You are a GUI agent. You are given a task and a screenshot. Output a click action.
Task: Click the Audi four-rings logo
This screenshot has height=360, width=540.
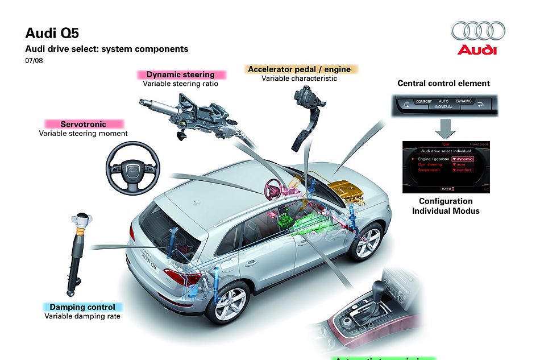[x=477, y=31]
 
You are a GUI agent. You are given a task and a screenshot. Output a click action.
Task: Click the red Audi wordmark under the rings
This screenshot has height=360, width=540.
[x=477, y=50]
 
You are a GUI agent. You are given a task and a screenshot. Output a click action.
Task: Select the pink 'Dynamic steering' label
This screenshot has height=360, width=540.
[x=181, y=75]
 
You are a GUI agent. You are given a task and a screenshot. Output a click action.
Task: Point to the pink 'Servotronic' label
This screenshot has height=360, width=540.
[x=84, y=124]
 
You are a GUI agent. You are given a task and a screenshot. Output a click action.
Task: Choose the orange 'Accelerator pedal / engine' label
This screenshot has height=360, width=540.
[x=299, y=69]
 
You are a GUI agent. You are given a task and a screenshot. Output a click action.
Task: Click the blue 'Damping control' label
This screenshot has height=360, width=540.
[x=82, y=307]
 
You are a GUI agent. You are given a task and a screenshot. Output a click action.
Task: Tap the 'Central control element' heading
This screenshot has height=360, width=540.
[x=443, y=83]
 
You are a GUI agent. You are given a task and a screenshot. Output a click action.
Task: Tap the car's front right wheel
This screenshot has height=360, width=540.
[x=365, y=241]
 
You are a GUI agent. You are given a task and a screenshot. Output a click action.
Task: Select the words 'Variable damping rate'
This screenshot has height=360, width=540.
[x=82, y=316]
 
